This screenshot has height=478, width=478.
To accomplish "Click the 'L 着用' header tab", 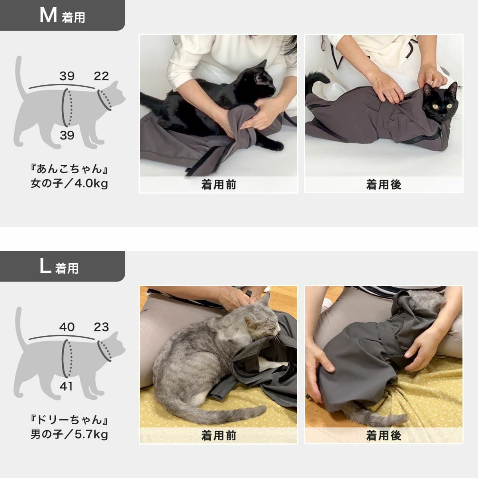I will (60, 266).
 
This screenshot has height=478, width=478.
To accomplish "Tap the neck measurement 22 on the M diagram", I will (101, 76).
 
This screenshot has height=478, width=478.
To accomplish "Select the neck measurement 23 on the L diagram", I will (101, 327).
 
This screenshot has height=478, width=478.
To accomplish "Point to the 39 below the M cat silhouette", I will (67, 135).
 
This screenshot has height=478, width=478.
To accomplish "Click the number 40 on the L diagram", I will (67, 327).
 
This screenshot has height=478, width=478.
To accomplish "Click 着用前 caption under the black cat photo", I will (218, 185).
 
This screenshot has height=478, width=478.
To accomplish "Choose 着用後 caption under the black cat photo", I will (384, 185).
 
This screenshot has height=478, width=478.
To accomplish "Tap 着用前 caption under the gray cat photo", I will (218, 436).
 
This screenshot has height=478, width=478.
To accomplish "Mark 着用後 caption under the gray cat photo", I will (384, 436).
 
